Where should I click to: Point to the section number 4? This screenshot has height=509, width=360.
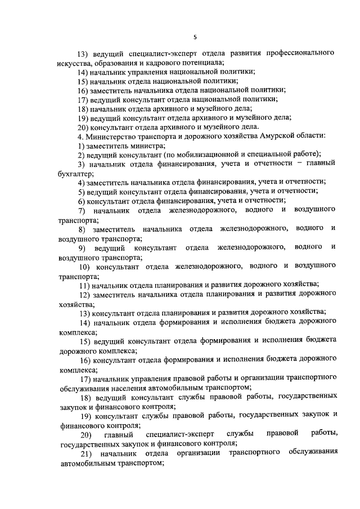[x=81, y=136]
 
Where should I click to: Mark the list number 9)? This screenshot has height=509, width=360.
[x=83, y=247]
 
